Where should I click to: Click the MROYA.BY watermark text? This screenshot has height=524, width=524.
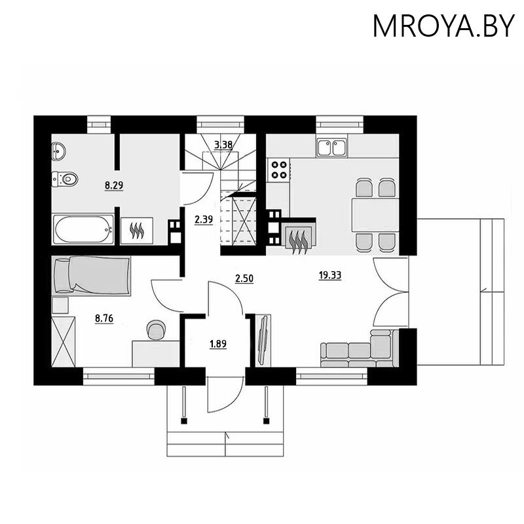[x=443, y=26]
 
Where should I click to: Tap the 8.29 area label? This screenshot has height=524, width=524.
[x=115, y=185]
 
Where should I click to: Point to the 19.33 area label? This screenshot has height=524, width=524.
[x=329, y=276]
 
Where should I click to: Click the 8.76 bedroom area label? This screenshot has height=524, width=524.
[x=104, y=319]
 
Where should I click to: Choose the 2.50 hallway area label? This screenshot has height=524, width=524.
[x=244, y=278]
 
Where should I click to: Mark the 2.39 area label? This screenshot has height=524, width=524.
[x=204, y=221]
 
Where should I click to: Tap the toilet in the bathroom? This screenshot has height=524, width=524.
[x=65, y=178]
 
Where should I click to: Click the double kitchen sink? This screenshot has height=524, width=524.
[x=331, y=147]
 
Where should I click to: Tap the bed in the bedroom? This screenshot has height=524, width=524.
[x=92, y=273]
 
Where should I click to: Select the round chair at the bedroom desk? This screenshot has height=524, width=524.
[x=157, y=330]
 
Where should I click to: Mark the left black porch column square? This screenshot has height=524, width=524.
[x=184, y=421]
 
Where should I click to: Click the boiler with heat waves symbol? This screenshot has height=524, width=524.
[x=137, y=230]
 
